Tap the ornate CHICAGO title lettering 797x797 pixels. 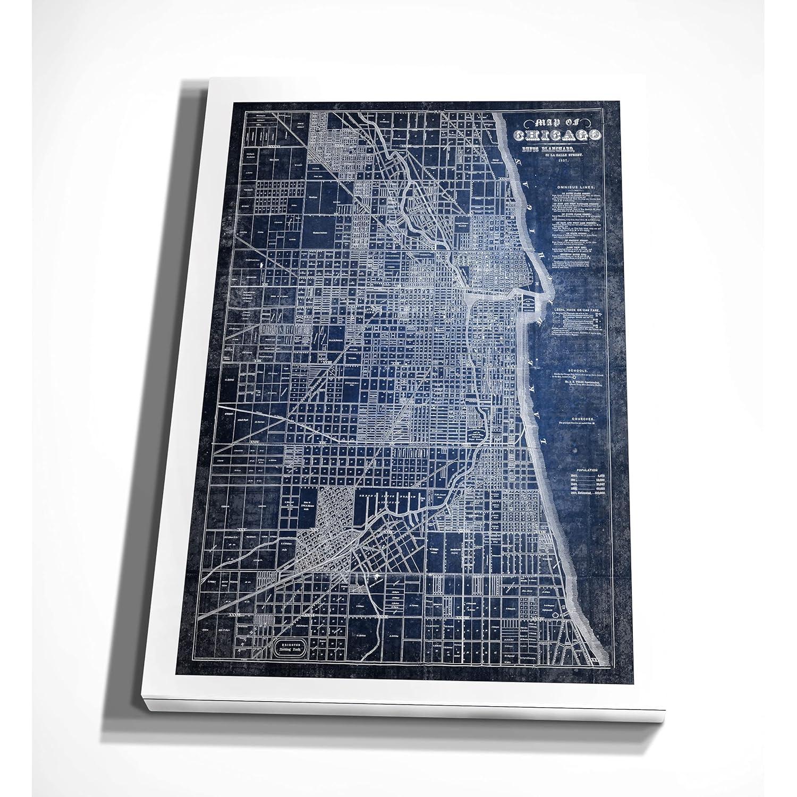click(557, 136)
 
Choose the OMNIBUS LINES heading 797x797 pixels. click(576, 188)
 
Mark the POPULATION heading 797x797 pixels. click(587, 470)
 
